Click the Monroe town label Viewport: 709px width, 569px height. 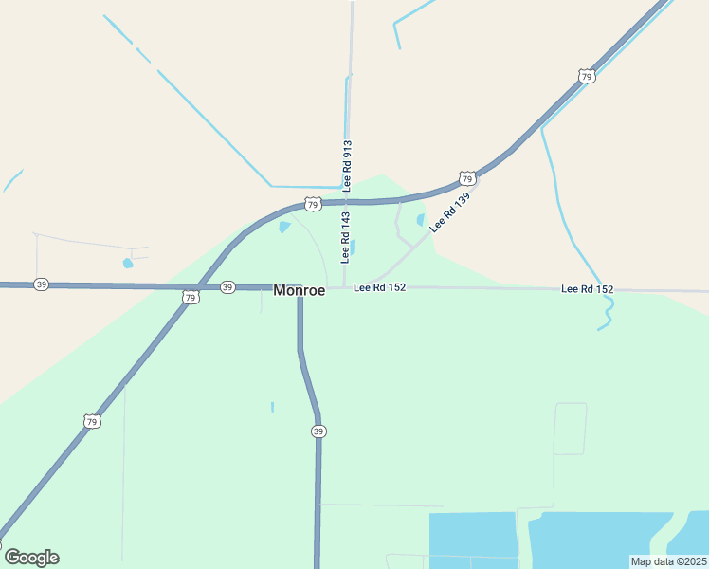[300, 291]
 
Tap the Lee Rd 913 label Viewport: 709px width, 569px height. [348, 165]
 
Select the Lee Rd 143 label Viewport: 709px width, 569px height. [347, 237]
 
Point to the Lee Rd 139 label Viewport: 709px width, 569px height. [449, 212]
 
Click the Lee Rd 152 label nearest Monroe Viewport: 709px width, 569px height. [380, 287]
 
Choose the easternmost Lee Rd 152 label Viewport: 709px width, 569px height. [587, 288]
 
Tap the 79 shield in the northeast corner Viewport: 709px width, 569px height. [587, 76]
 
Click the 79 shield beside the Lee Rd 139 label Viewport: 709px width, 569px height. [466, 178]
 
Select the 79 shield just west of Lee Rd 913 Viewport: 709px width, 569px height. [313, 204]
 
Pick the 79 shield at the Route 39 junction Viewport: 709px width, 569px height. [191, 298]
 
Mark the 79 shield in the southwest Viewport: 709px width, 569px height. [92, 421]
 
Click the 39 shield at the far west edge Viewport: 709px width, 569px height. [41, 284]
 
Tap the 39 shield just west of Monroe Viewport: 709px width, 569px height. [227, 286]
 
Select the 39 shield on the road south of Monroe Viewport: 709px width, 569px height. [318, 431]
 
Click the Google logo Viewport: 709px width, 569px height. [31, 558]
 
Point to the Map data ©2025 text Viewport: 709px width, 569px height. [668, 561]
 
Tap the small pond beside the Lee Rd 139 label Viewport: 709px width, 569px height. [420, 220]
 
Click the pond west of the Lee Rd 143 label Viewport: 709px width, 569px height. [284, 228]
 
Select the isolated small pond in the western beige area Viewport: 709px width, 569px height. [128, 263]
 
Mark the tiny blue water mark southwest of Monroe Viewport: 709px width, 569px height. [272, 407]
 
